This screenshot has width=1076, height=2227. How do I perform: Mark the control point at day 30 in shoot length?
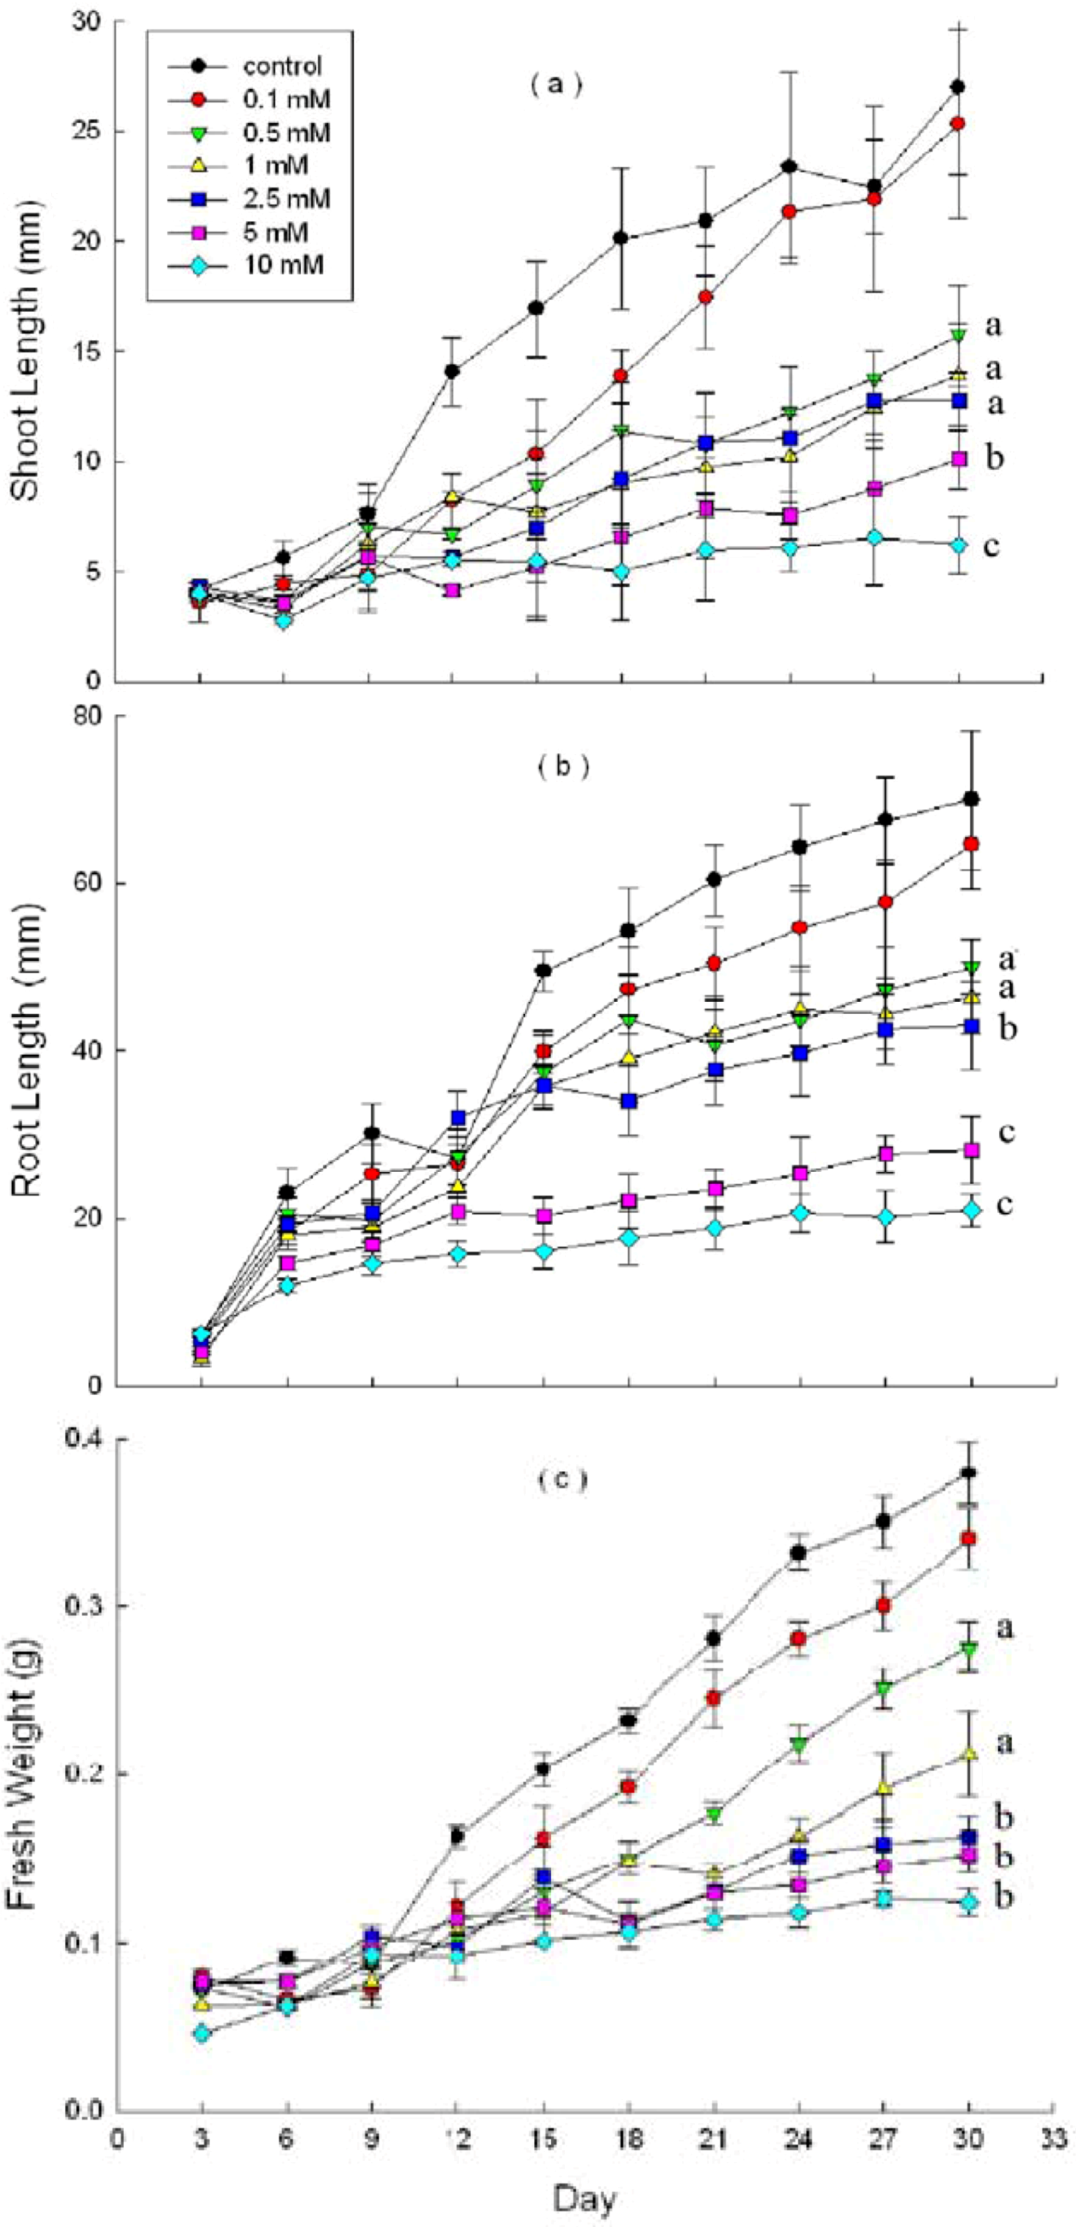tap(957, 86)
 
